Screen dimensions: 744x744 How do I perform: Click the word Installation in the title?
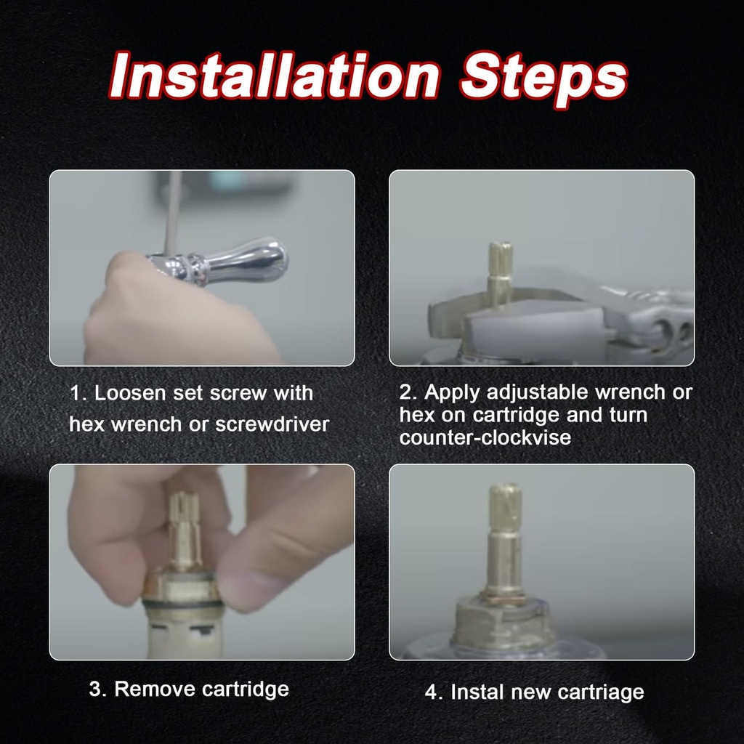tap(275, 75)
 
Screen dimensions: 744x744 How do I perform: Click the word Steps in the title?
tap(543, 75)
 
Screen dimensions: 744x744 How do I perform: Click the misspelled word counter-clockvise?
tap(485, 438)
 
